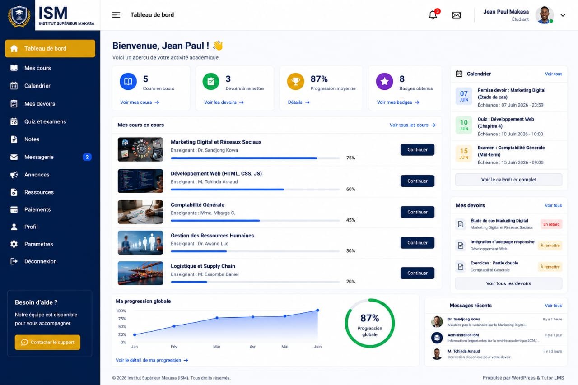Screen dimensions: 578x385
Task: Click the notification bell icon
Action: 433,15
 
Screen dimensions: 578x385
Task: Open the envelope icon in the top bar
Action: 456,15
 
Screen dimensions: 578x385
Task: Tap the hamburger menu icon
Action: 116,15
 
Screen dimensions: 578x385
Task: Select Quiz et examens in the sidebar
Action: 45,121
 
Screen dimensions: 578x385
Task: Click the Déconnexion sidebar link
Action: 40,261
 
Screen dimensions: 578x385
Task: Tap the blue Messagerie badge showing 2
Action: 87,157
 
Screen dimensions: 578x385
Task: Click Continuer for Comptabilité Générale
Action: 417,212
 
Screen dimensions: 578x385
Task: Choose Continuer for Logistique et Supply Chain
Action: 417,273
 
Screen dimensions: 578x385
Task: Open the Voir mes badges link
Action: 398,102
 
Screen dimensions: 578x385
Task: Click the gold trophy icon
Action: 295,82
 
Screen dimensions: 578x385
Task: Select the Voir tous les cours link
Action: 412,125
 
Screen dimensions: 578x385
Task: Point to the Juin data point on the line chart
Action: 317,310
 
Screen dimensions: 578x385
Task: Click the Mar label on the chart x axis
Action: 217,347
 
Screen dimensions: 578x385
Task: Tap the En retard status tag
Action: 551,224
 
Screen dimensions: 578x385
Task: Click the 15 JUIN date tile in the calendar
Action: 464,153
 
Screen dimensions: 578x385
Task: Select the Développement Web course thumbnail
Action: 140,181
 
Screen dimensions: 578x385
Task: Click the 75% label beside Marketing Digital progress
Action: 350,158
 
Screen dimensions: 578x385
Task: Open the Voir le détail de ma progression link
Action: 152,360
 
